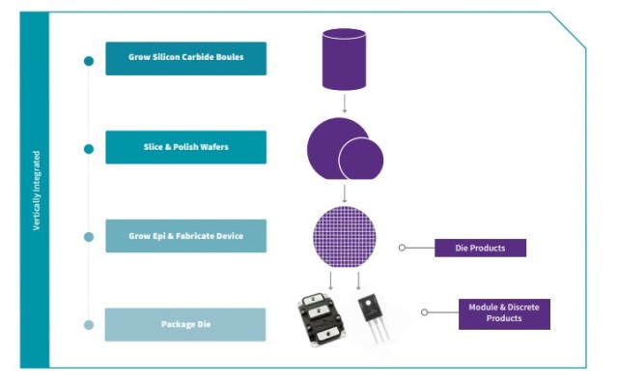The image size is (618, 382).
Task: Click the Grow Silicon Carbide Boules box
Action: pos(185,58)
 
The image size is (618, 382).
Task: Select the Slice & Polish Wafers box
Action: pos(185,147)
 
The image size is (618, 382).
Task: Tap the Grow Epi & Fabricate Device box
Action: pos(185,236)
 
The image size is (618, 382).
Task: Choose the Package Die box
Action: pos(185,324)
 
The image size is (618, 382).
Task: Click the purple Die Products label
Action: pos(480,248)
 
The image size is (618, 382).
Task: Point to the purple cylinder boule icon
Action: pos(344,59)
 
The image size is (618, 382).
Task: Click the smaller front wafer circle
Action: pos(361,159)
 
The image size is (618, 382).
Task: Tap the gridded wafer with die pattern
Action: pos(345,237)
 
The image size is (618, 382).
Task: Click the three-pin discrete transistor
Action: pos(373,318)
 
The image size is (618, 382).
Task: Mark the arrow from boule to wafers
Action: pos(345,103)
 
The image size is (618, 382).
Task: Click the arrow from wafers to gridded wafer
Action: pos(345,193)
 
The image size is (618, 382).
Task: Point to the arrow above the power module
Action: pos(330,280)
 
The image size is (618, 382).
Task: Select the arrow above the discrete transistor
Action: pos(358,280)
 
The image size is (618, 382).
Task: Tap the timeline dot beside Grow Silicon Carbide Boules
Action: pos(89,61)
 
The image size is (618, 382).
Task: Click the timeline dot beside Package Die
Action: pos(89,325)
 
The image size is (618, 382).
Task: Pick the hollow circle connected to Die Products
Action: pos(402,248)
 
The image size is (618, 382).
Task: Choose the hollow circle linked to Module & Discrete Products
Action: pos(425,312)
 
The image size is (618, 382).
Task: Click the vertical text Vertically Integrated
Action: pos(37,191)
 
